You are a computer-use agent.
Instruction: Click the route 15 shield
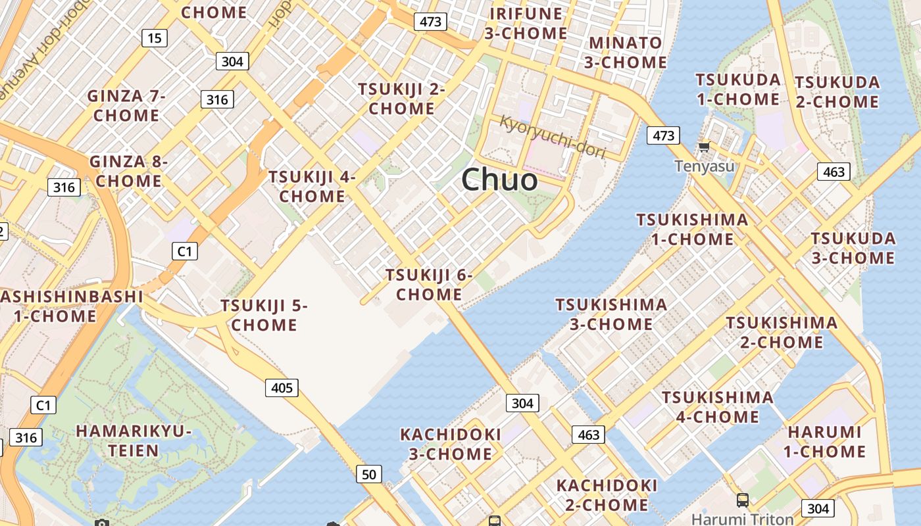click(x=154, y=38)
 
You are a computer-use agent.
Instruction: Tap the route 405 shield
click(x=282, y=387)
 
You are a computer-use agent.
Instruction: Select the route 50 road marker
click(x=369, y=473)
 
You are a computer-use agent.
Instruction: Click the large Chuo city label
click(x=499, y=179)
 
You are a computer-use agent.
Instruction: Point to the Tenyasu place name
click(x=704, y=166)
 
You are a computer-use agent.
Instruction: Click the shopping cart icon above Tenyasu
click(x=704, y=147)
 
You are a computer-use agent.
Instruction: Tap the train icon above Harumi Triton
click(x=742, y=500)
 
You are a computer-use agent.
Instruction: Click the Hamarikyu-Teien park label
click(x=134, y=441)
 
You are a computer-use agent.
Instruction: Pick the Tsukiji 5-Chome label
click(x=264, y=315)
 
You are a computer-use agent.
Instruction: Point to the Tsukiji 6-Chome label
click(x=429, y=284)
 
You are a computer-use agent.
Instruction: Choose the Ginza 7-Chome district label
click(x=126, y=105)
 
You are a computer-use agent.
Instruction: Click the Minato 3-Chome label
click(x=626, y=53)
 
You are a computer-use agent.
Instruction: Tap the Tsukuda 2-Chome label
click(x=837, y=92)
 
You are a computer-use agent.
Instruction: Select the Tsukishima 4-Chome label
click(x=717, y=407)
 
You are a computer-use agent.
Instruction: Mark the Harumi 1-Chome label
click(x=824, y=441)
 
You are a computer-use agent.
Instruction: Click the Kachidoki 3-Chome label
click(x=451, y=444)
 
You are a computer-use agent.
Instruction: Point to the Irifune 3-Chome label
click(x=526, y=23)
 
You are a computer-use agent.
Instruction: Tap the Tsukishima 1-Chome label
click(x=692, y=229)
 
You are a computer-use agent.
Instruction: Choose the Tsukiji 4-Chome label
click(x=312, y=186)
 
